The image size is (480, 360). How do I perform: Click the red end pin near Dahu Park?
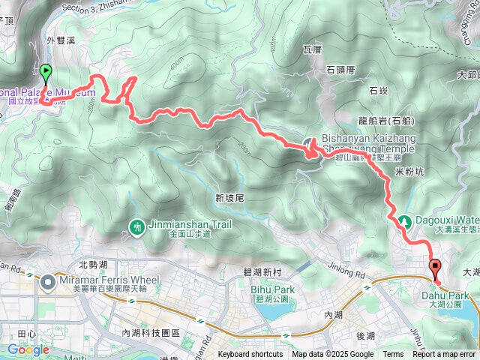436,267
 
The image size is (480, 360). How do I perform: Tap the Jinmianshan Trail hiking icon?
137,226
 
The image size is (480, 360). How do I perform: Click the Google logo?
28,349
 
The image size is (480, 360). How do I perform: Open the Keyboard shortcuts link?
250,355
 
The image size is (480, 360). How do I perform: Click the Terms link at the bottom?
393,355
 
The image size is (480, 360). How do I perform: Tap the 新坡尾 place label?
230,199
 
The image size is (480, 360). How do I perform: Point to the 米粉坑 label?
409,172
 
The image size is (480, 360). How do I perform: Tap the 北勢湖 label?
93,264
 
